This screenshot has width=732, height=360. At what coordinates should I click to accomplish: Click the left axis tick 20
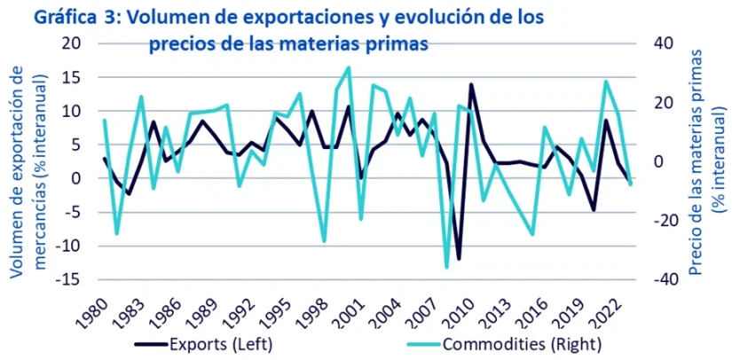click(72, 43)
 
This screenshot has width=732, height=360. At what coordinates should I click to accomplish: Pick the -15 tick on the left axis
click(68, 279)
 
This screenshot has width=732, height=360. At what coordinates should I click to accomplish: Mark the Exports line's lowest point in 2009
click(459, 259)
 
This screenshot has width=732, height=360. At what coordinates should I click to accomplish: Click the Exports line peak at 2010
click(471, 85)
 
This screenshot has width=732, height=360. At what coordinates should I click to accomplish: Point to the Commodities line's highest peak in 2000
click(348, 67)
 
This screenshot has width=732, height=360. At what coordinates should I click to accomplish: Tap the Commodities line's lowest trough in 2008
click(446, 267)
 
